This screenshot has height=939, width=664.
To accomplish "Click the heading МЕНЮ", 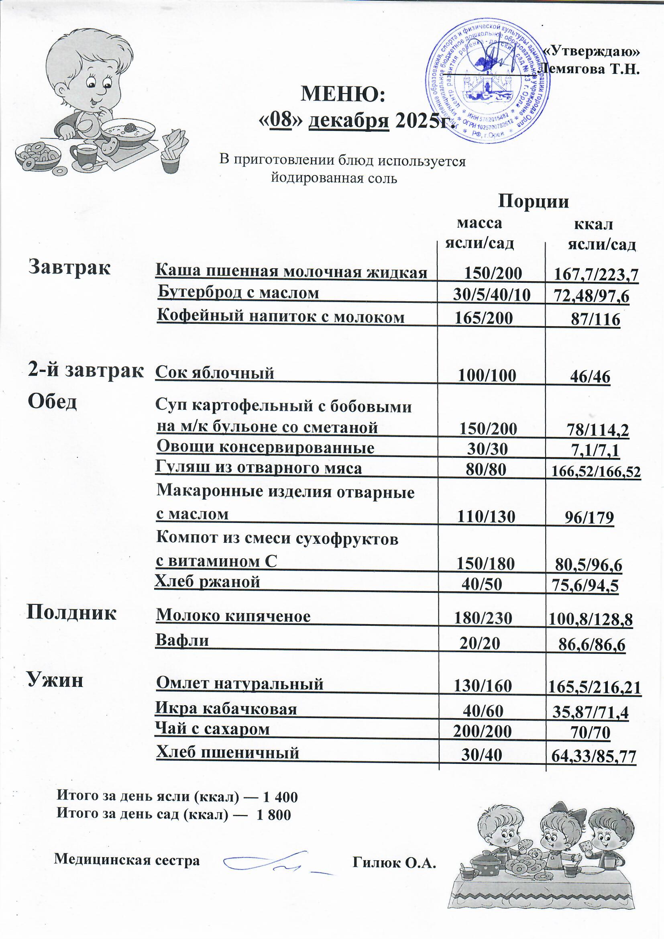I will coord(342,94).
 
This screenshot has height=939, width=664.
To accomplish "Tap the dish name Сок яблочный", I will coord(215,373).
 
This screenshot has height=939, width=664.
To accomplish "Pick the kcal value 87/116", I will coord(595,319).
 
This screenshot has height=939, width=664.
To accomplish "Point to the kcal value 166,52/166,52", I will coord(596,472).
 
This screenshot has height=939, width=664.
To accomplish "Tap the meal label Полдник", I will coord(71,613).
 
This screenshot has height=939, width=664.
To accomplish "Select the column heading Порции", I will coord(534,202).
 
